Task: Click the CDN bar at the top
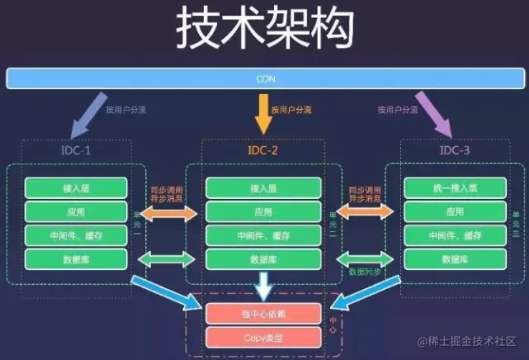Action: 264,78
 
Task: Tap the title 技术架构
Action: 264,30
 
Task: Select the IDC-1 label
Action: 76,152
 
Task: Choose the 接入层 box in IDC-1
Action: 76,187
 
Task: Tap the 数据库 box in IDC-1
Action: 76,259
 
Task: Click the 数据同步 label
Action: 362,272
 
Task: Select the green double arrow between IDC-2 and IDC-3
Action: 362,258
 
